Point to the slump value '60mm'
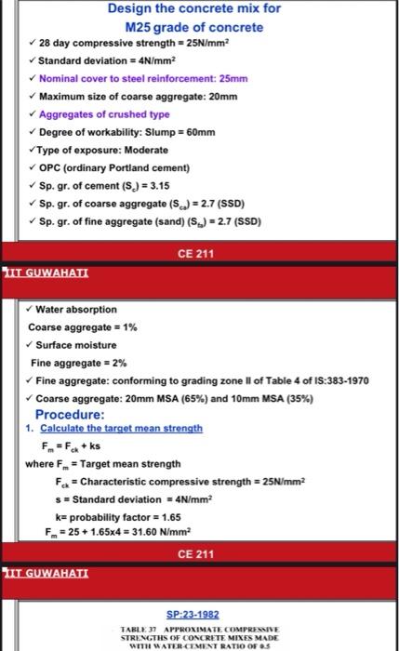click(180, 132)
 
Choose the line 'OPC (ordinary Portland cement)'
click(115, 167)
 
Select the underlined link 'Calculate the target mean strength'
click(120, 429)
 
